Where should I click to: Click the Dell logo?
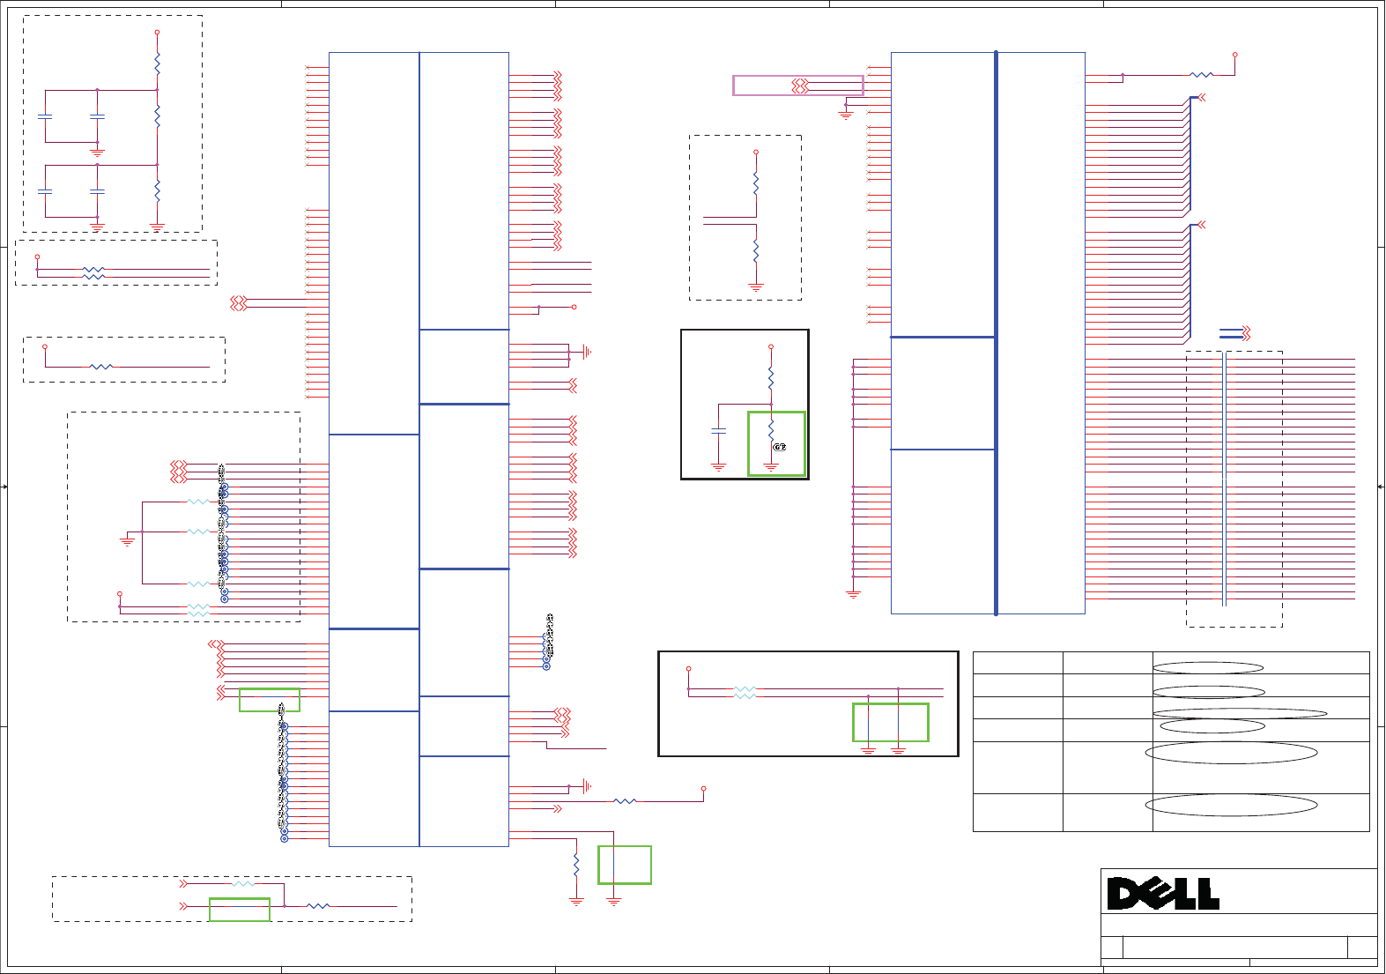[x=1163, y=894]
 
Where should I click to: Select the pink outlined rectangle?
[x=797, y=86]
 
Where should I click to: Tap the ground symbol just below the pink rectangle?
[x=845, y=115]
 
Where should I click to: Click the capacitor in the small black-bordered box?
[x=718, y=431]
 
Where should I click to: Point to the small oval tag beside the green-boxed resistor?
[x=779, y=447]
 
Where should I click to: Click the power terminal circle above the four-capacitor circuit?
[x=157, y=33]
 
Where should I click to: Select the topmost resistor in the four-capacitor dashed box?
[x=157, y=63]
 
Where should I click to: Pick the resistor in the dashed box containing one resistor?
[x=101, y=367]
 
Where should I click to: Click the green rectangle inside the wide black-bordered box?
[x=890, y=722]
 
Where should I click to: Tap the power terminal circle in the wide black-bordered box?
[x=688, y=669]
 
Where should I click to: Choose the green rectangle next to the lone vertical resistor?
[x=624, y=865]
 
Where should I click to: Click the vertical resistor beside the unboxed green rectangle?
[x=576, y=865]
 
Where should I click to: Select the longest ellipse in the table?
[x=1239, y=713]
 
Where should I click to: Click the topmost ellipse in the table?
[x=1208, y=668]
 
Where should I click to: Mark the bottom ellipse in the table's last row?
[x=1231, y=805]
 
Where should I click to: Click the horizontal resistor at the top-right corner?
[x=1201, y=75]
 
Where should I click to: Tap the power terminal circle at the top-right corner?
[x=1234, y=55]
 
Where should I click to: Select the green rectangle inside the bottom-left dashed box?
[x=239, y=910]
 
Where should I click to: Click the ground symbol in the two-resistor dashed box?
[x=755, y=286]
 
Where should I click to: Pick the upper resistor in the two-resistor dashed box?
[x=755, y=183]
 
